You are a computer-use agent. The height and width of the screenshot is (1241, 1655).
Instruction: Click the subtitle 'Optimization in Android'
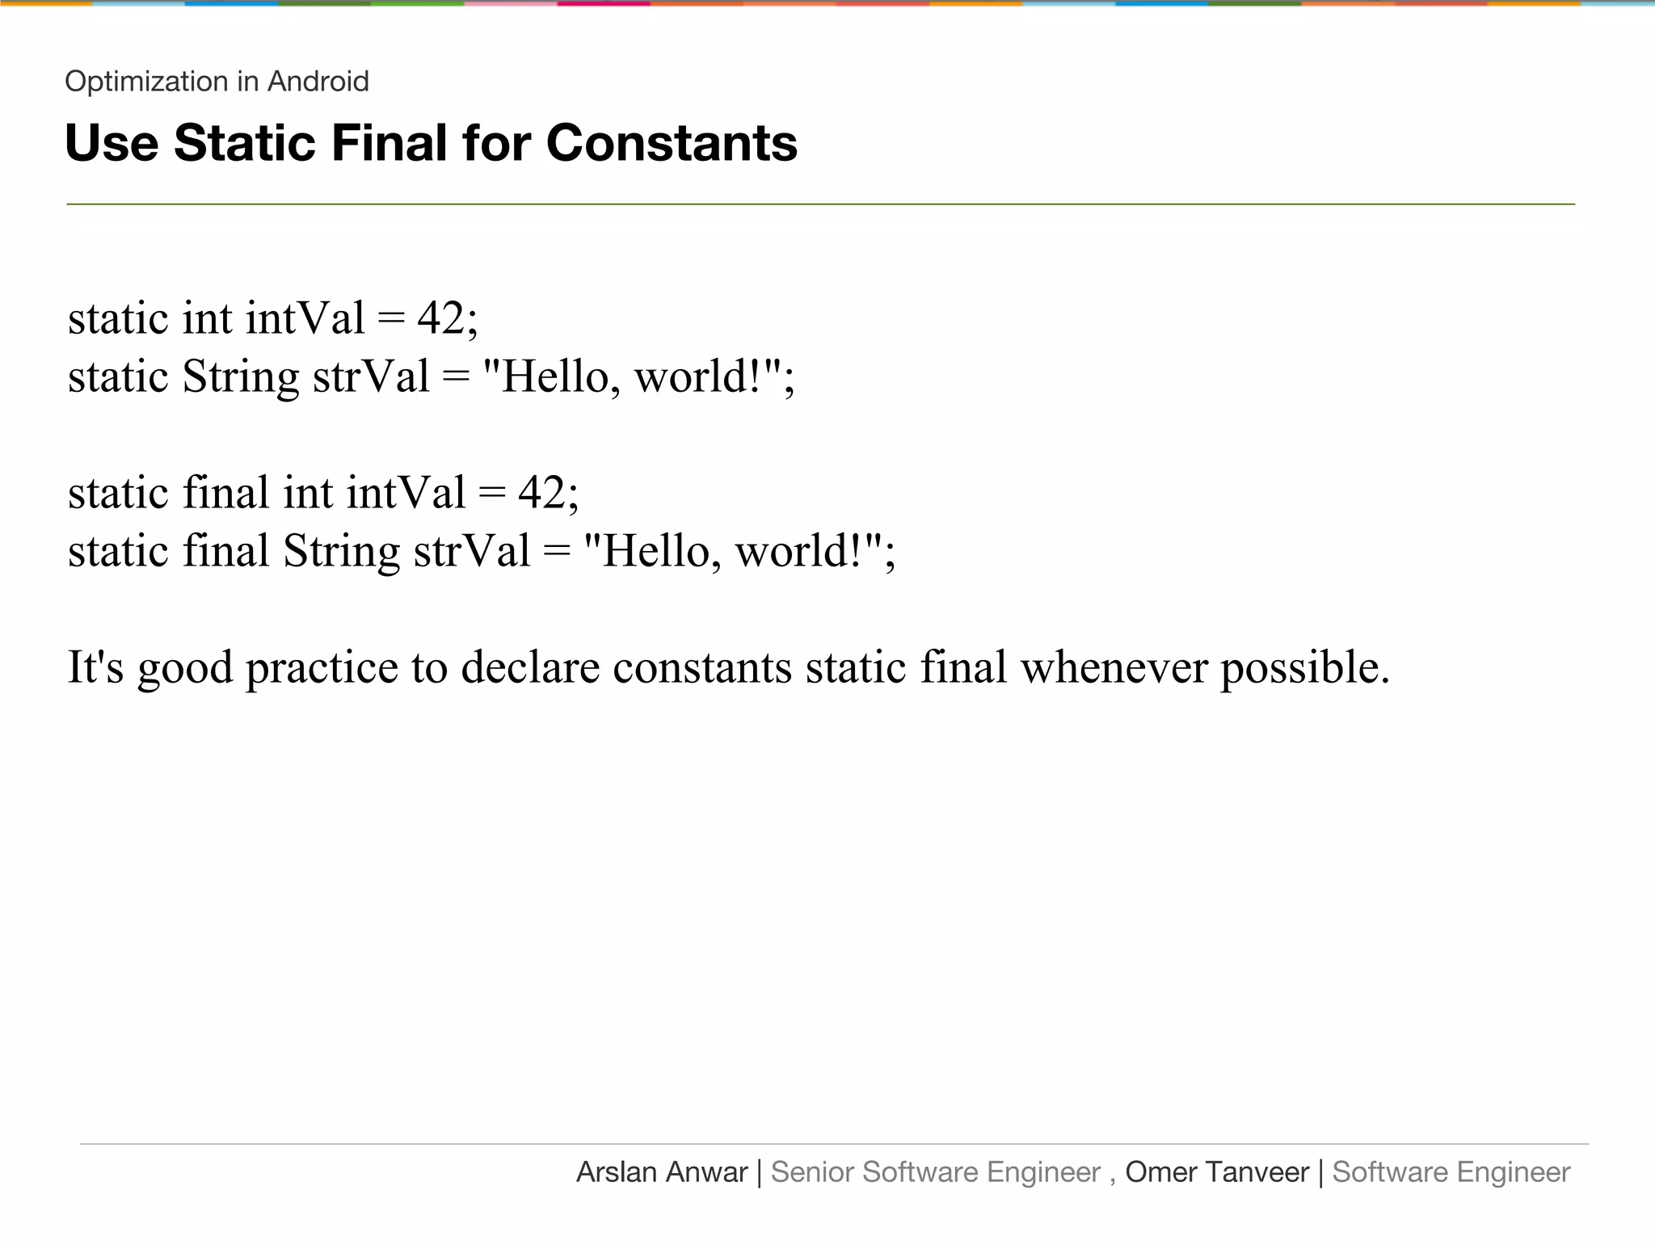tap(217, 82)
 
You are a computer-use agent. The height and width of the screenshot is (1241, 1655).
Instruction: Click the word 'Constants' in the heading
tap(672, 143)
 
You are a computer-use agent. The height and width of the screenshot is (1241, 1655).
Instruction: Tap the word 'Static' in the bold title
tap(243, 143)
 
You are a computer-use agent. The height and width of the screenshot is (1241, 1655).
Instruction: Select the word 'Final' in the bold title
tap(389, 143)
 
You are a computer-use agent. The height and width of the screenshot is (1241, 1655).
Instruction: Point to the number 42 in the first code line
tap(441, 318)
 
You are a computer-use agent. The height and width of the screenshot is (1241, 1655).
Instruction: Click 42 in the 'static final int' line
tap(542, 492)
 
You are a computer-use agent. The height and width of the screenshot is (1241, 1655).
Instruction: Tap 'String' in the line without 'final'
tap(241, 377)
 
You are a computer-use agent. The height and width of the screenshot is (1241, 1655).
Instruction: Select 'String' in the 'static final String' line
tap(341, 552)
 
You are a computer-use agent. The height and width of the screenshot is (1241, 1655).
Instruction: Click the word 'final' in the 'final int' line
tap(225, 492)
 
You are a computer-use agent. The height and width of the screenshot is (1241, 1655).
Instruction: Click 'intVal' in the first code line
tap(305, 318)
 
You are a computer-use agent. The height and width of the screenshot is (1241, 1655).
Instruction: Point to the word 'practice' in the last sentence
tap(322, 668)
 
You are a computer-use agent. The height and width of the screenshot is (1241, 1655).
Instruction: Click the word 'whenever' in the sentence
tap(1114, 668)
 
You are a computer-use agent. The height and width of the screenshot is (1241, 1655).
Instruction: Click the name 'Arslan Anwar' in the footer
tap(662, 1172)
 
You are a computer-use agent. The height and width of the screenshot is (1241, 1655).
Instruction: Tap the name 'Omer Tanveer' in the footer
tap(1217, 1172)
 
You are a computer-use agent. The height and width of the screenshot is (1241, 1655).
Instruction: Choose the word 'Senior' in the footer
tap(812, 1172)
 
